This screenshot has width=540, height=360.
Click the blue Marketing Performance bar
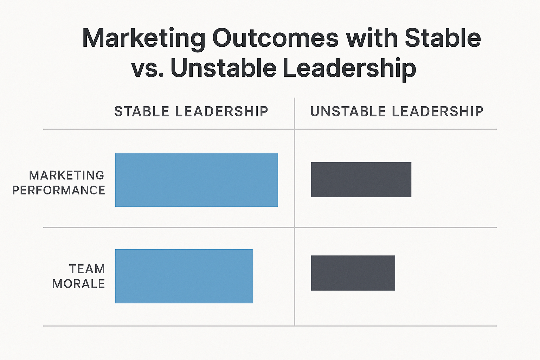[x=197, y=180]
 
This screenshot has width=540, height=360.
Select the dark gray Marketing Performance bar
[x=361, y=180]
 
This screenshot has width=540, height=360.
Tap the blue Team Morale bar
[x=184, y=276]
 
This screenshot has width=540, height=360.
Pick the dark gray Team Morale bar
[x=353, y=273]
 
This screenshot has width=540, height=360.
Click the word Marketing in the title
[x=143, y=39]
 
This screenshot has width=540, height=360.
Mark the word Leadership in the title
[x=349, y=69]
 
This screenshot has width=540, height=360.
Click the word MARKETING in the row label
[x=67, y=175]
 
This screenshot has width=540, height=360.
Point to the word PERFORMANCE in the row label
[x=59, y=190]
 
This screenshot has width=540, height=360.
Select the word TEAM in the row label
[x=87, y=269]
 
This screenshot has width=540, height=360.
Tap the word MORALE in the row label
[x=79, y=284]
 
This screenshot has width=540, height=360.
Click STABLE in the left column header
[x=142, y=111]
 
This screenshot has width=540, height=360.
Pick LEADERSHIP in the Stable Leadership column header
[x=221, y=111]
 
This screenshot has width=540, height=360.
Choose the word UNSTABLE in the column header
[x=348, y=111]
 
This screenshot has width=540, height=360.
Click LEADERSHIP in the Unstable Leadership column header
[x=437, y=111]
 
